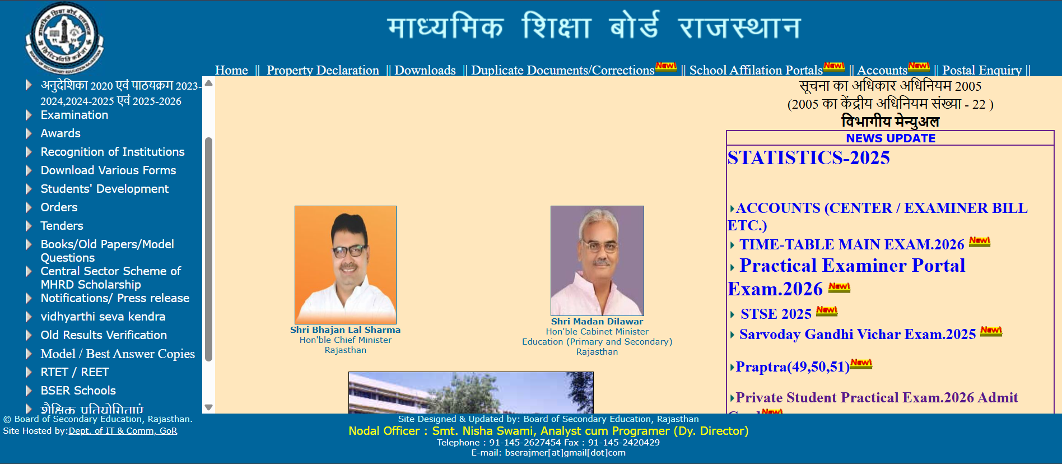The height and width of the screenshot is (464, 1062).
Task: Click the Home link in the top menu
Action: pyautogui.click(x=231, y=70)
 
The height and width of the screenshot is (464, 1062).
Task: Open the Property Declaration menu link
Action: pyautogui.click(x=323, y=70)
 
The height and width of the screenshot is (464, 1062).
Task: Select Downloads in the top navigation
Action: pyautogui.click(x=425, y=70)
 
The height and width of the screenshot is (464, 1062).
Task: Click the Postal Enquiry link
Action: pyautogui.click(x=981, y=70)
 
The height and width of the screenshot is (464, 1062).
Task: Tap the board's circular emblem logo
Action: pyautogui.click(x=64, y=38)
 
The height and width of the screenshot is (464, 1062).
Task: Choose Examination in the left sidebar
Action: pyautogui.click(x=74, y=115)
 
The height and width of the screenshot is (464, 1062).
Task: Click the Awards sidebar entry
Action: pyautogui.click(x=60, y=133)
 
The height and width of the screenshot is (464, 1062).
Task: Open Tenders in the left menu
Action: pyautogui.click(x=62, y=226)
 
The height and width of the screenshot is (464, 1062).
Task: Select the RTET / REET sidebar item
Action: pyautogui.click(x=74, y=372)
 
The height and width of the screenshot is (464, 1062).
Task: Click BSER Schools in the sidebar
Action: pyautogui.click(x=78, y=391)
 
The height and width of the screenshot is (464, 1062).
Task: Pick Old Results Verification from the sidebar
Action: pyautogui.click(x=104, y=335)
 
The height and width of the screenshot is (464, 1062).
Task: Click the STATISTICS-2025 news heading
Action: pyautogui.click(x=808, y=158)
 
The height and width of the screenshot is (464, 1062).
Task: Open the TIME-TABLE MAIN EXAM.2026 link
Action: pyautogui.click(x=851, y=245)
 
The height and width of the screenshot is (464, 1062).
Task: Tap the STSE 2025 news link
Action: pyautogui.click(x=776, y=314)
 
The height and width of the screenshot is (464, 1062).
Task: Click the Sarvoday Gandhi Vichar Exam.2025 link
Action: pyautogui.click(x=857, y=335)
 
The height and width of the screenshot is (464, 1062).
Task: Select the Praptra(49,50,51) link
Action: pyautogui.click(x=792, y=367)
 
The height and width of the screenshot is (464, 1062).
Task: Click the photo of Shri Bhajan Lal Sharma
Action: pyautogui.click(x=346, y=265)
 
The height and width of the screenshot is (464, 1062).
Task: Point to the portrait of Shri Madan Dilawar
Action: pyautogui.click(x=597, y=261)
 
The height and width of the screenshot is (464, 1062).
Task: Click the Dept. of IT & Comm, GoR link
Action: pyautogui.click(x=123, y=431)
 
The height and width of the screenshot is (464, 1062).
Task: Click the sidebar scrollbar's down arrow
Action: pyautogui.click(x=208, y=407)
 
